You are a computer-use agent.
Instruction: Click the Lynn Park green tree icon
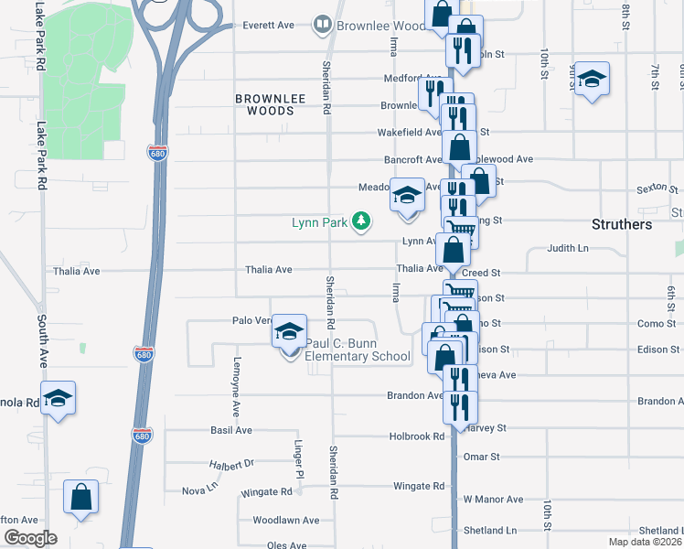click(362, 221)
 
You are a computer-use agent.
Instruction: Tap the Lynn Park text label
click(321, 221)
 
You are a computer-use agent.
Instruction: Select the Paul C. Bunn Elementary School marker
click(290, 334)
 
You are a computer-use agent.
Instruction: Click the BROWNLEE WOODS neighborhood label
click(264, 103)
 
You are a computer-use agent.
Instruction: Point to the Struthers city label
click(621, 224)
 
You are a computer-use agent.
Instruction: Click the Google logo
click(30, 538)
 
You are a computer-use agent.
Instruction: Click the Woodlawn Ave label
click(285, 520)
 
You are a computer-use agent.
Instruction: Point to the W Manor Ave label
click(493, 499)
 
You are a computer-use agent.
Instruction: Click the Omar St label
click(482, 456)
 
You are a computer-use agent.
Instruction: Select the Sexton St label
click(655, 189)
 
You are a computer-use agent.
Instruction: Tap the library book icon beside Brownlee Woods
click(321, 25)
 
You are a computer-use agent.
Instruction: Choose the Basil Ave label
click(230, 429)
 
